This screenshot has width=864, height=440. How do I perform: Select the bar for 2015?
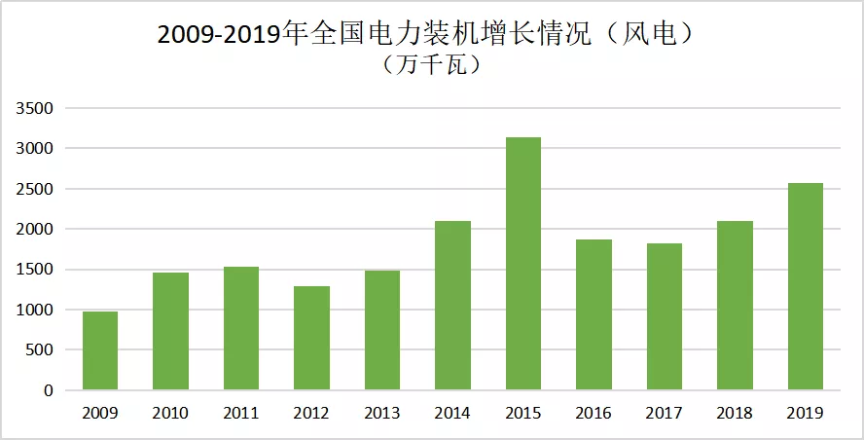pos(523,264)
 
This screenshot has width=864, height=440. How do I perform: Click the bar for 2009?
pos(100,350)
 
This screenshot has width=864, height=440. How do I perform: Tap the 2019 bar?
pos(806,286)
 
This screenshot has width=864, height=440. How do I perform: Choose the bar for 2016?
pos(594,314)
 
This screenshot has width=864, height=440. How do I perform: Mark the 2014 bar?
pos(453,306)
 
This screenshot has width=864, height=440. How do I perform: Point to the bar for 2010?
pos(171,331)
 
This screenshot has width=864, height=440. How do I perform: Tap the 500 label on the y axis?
pos(42,350)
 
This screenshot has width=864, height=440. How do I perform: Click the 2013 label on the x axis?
pos(382,414)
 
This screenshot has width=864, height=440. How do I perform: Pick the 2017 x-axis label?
pos(665,414)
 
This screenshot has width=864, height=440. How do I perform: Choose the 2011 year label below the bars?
pos(241,414)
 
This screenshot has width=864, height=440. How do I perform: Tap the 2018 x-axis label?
pos(735,414)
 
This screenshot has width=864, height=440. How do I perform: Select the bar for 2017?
pos(665,316)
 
